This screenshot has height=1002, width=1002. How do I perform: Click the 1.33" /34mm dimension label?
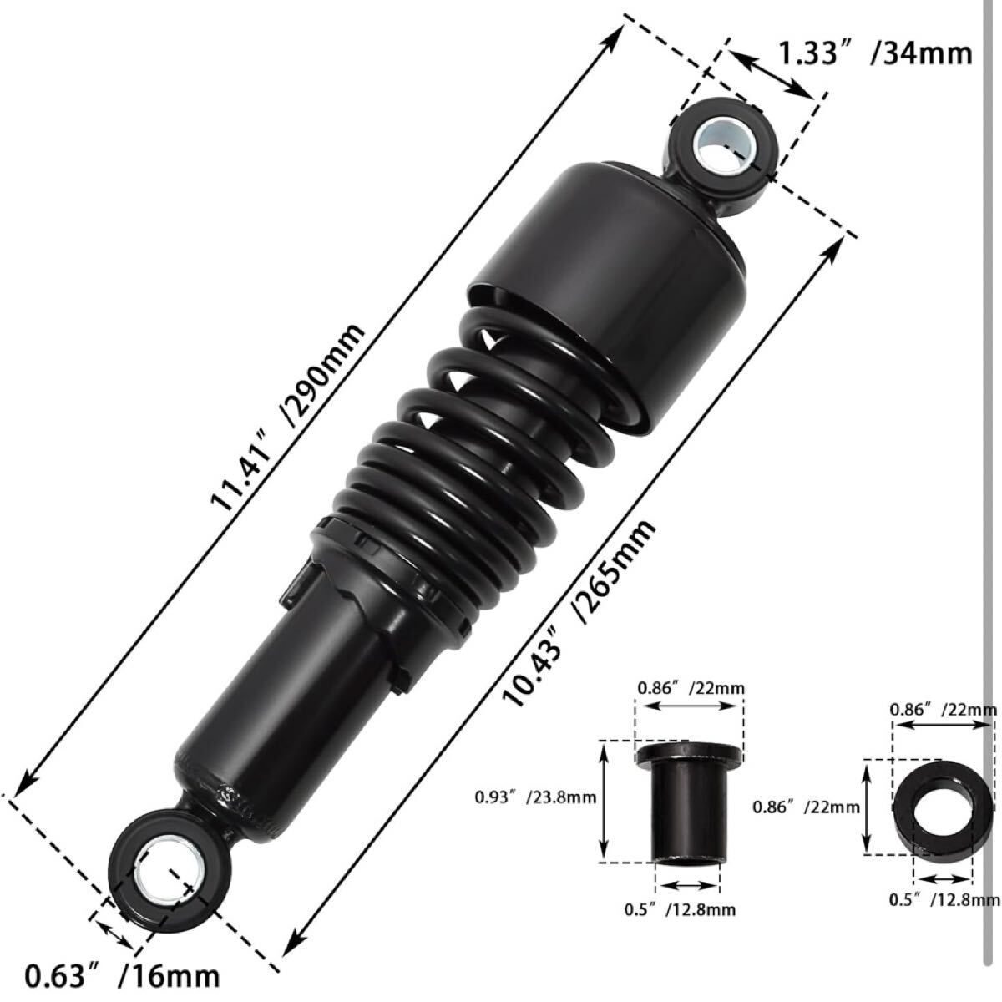click(874, 54)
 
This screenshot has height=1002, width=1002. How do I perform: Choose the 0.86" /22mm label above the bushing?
click(691, 688)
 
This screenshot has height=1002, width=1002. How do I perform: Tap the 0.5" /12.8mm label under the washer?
click(944, 899)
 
